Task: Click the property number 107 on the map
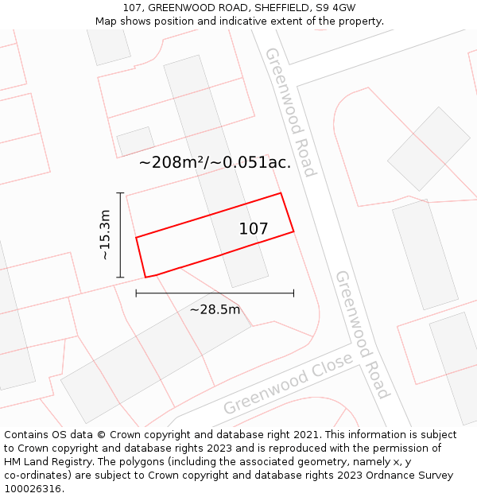pos(254,229)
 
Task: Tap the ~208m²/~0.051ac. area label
pos(215,163)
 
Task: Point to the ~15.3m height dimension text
pos(104,235)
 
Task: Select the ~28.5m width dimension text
pos(215,309)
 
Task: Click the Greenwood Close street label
pos(288,384)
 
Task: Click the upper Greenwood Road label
pos(290,111)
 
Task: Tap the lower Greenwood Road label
pos(362,334)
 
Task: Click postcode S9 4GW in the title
pos(335,7)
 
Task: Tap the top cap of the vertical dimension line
pos(120,193)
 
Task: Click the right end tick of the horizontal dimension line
pos(293,293)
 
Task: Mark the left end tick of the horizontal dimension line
pos(137,293)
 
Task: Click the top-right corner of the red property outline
pos(281,193)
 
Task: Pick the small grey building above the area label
pos(135,141)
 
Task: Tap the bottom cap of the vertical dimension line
pos(120,277)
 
